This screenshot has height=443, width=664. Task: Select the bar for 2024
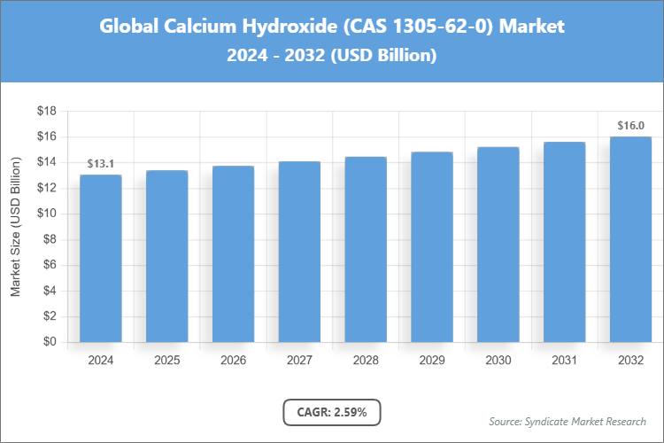pos(101,258)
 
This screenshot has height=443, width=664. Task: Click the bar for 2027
pos(299,252)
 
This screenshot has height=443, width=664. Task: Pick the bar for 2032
pos(630,239)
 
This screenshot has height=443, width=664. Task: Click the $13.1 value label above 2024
pos(101,164)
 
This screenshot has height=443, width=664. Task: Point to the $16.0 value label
pos(630,126)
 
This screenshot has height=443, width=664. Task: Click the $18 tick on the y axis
pos(47,112)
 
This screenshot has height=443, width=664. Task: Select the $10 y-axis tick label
pos(47,214)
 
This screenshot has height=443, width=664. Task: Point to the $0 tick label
pos(50,342)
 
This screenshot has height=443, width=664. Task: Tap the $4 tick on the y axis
pos(50,291)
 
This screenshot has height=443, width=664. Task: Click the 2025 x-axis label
pos(167,361)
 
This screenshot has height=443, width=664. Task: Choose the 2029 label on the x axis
pos(432,361)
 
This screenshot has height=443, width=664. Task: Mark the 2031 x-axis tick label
pos(564,361)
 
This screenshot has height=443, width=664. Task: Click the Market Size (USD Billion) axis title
pos(15,227)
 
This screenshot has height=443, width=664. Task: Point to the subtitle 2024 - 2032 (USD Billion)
pos(332,55)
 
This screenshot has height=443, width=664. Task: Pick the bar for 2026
pos(234,254)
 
